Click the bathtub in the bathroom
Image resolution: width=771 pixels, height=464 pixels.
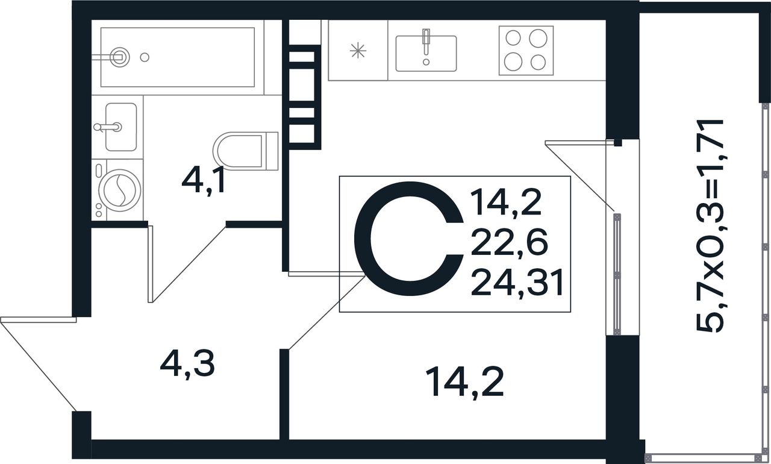pyautogui.click(x=181, y=57)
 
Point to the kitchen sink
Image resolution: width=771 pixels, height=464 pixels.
pyautogui.click(x=426, y=54)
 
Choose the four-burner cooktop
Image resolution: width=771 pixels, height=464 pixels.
pyautogui.click(x=526, y=51)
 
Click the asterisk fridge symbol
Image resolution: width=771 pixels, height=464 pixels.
pyautogui.click(x=358, y=51)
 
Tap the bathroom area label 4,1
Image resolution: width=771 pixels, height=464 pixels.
pyautogui.click(x=204, y=180)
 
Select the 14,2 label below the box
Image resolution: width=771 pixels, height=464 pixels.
pyautogui.click(x=464, y=382)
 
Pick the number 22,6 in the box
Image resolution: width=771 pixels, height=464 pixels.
pyautogui.click(x=509, y=243)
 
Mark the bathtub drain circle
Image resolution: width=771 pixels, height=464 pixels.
pyautogui.click(x=144, y=57)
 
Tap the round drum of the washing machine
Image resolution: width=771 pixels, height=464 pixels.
pyautogui.click(x=119, y=189)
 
